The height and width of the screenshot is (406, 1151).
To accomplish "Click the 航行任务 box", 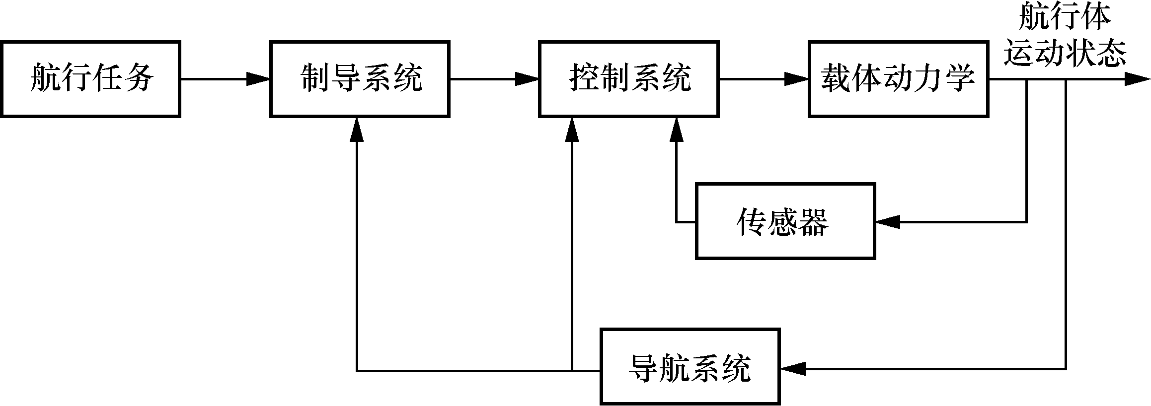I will (90, 79).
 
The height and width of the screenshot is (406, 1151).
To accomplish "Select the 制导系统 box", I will (360, 79).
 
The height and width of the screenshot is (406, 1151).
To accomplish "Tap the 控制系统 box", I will (629, 79).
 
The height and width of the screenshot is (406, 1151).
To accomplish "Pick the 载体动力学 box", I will (898, 79).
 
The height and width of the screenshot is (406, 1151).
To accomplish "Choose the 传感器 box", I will (785, 221).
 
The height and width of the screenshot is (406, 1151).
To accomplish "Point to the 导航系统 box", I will (690, 367).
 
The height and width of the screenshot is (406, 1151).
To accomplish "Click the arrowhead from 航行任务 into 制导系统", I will (258, 79).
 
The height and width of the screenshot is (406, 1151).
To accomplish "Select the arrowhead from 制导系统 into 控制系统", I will (528, 79).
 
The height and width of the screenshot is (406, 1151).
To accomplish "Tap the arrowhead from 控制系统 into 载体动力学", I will (797, 79).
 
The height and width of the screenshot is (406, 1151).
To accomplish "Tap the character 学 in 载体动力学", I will (962, 79).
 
